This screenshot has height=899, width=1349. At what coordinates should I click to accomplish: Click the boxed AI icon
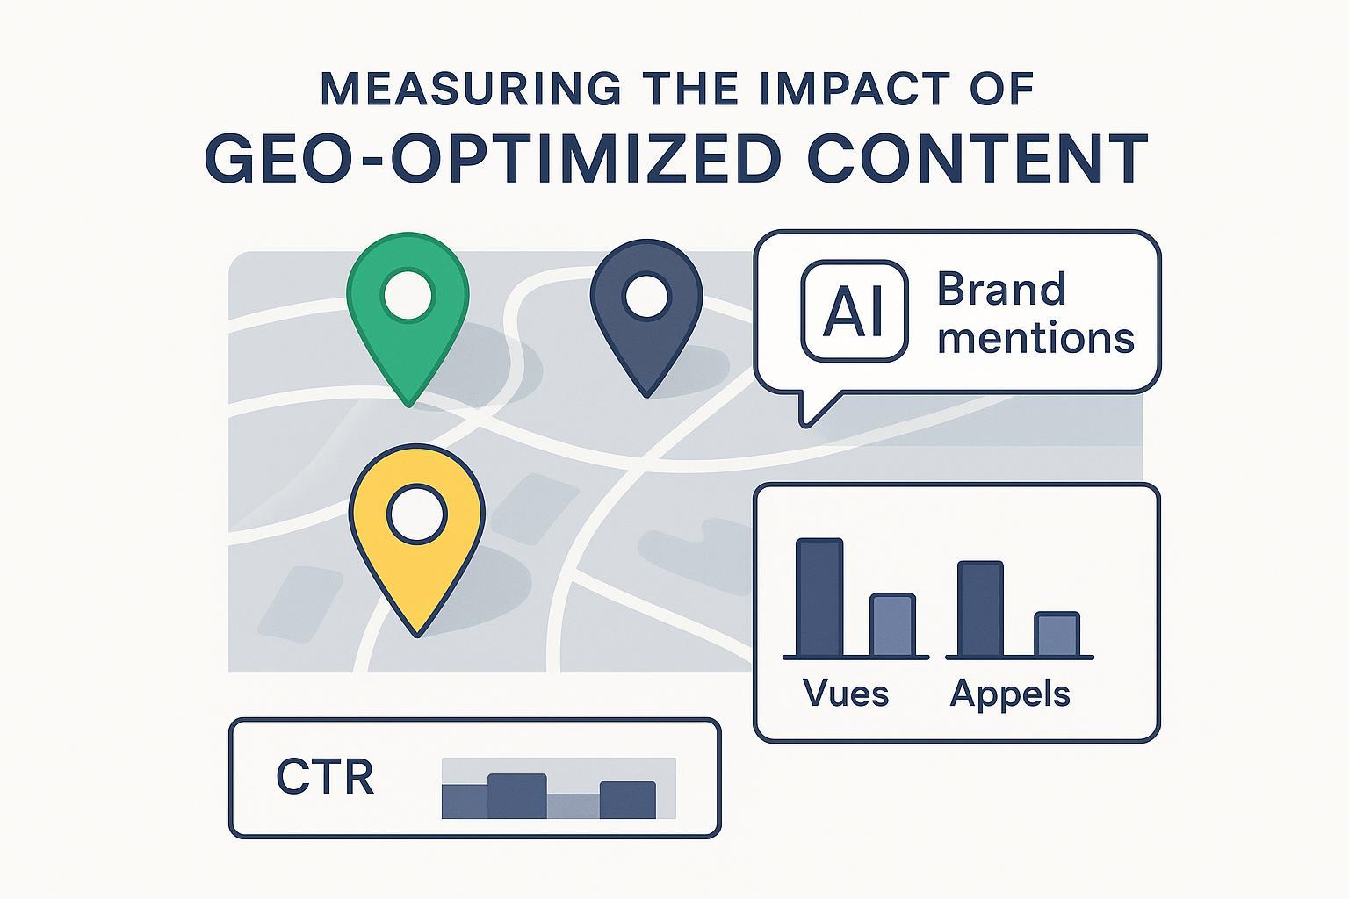[855, 312]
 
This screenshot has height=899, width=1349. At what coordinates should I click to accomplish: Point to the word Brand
[1001, 290]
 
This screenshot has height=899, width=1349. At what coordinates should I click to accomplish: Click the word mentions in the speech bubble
[1035, 338]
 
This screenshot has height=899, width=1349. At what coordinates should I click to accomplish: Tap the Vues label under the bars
[846, 694]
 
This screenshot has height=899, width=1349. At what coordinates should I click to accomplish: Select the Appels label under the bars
[1010, 694]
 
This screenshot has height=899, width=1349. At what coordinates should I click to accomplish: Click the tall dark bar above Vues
[819, 597]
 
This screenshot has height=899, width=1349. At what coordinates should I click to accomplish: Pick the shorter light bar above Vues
[892, 624]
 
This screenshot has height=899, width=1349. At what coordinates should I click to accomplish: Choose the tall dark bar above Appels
[980, 608]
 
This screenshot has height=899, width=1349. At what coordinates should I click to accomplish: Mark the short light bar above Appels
[1057, 634]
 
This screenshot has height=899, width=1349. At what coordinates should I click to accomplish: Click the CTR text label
[325, 777]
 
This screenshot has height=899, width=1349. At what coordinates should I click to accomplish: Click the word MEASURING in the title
[469, 89]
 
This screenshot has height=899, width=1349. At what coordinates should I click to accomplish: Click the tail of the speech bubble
[812, 408]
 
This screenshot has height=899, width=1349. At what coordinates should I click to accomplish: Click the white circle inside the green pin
[408, 294]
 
